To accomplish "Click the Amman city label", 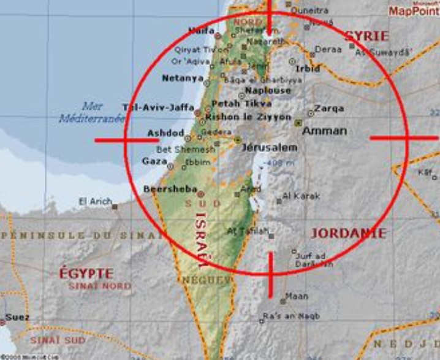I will (x=325, y=131).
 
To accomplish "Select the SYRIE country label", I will (x=366, y=36).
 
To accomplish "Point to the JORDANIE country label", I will (x=348, y=234).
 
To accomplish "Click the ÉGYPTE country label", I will (x=86, y=274).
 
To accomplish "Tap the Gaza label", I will (x=154, y=161).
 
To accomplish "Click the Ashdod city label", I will (x=165, y=133).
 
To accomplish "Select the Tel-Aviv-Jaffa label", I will (x=158, y=107).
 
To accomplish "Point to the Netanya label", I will (x=182, y=79).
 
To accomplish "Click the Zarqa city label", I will (x=329, y=109).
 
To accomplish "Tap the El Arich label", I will (x=94, y=201).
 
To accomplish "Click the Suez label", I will (x=13, y=318).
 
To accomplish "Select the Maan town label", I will (x=297, y=296).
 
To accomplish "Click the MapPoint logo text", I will (x=413, y=11).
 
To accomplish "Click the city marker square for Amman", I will (x=298, y=123).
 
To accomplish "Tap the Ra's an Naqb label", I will (x=282, y=316).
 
